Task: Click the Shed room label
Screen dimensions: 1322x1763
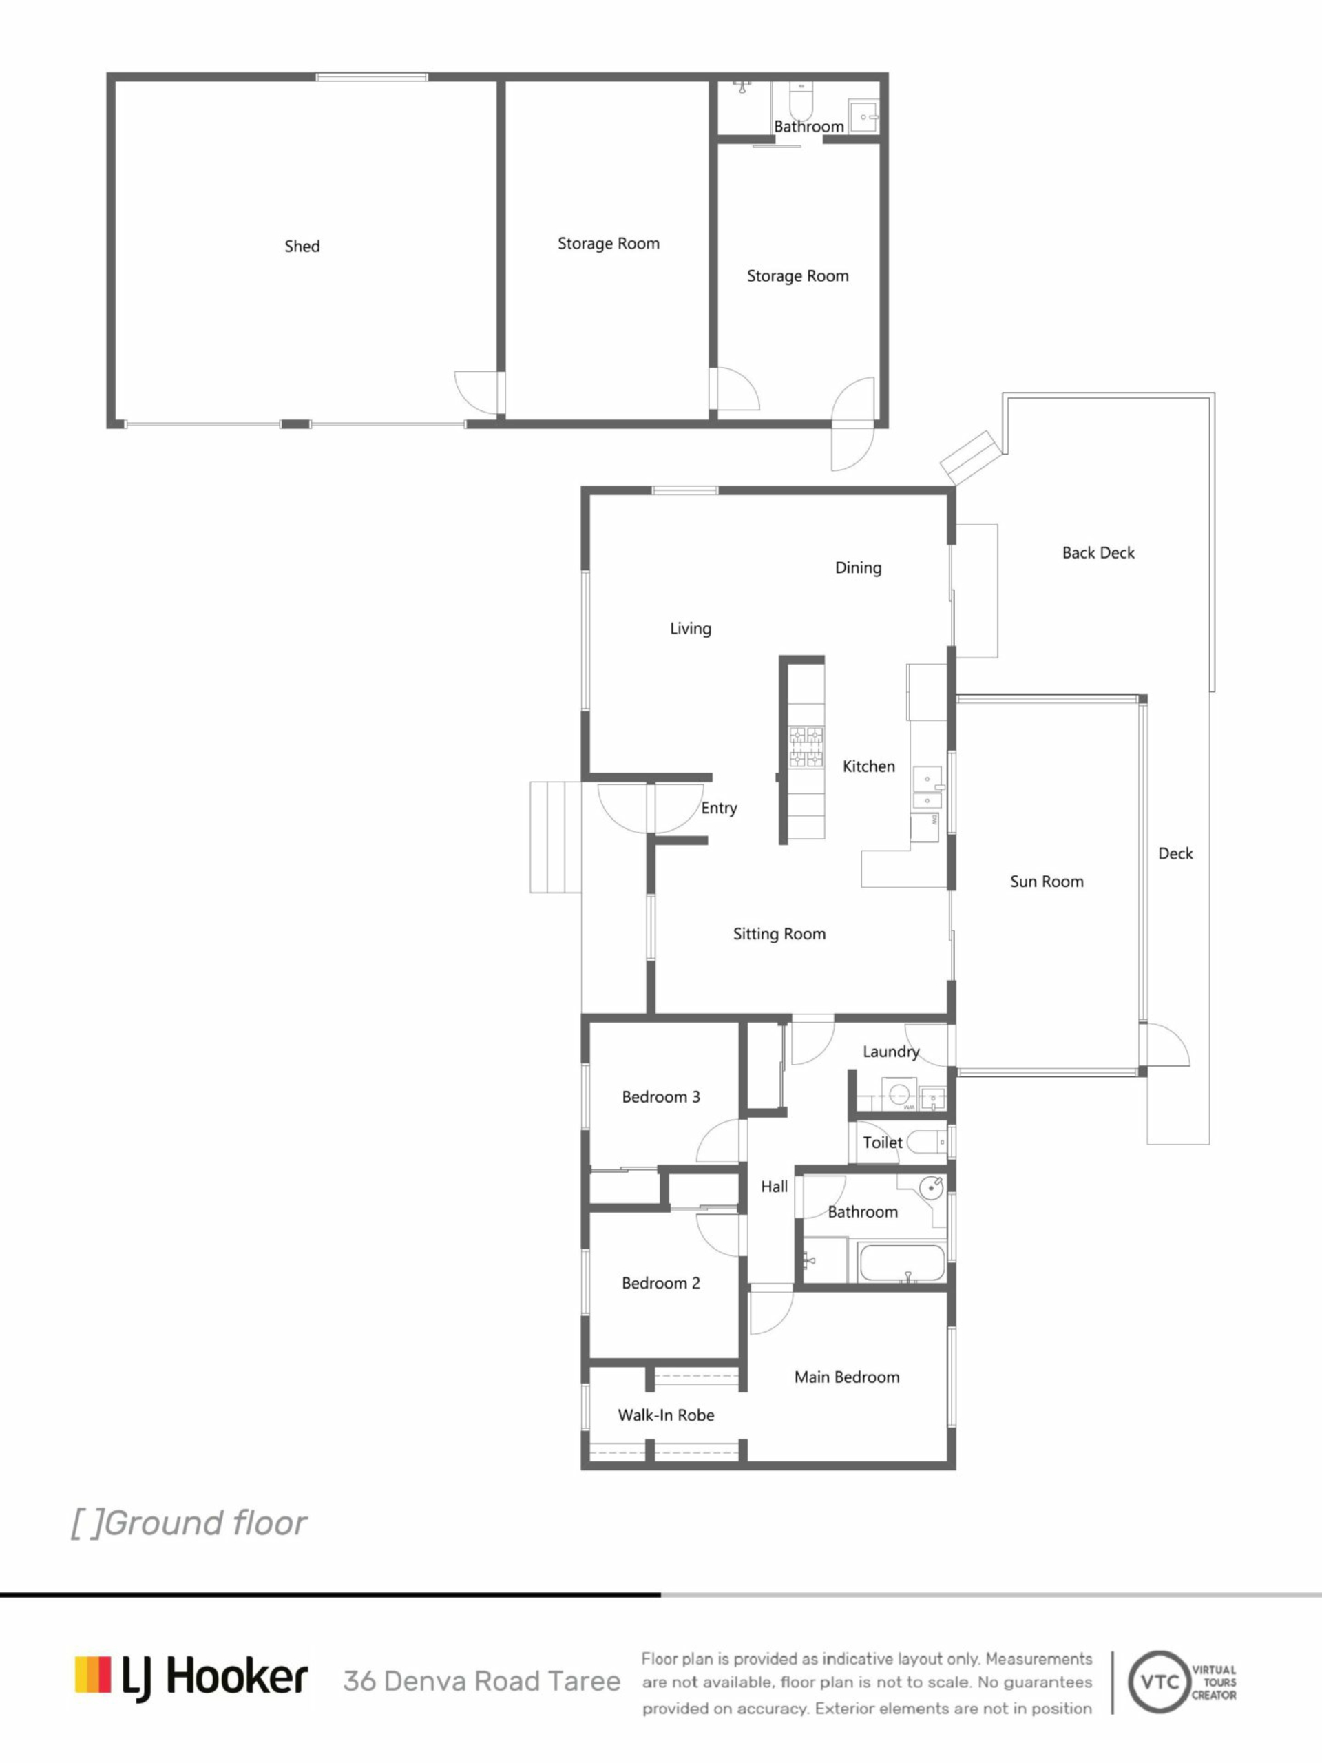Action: [302, 247]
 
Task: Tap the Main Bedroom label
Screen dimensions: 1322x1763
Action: [846, 1377]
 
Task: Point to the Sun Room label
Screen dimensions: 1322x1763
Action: [1047, 881]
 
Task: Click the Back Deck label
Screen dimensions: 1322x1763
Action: [1098, 552]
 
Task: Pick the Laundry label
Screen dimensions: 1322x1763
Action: [891, 1052]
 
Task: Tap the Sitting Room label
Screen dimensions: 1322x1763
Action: [779, 934]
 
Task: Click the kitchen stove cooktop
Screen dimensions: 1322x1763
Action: [806, 747]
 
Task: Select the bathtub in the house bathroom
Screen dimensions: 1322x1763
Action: [901, 1262]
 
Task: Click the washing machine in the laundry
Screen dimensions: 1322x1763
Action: [899, 1094]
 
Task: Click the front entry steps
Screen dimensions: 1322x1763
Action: [556, 837]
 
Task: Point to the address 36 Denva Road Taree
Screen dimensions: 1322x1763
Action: [481, 1681]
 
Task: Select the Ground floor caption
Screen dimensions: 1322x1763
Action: [189, 1523]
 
